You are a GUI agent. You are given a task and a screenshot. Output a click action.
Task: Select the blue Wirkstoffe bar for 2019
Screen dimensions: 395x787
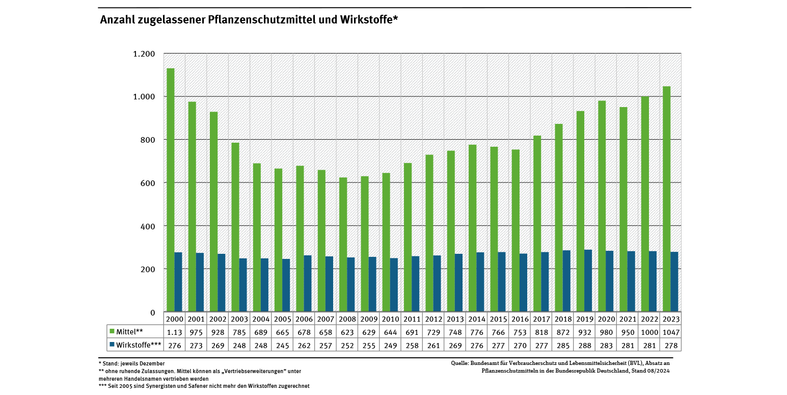pyautogui.click(x=588, y=280)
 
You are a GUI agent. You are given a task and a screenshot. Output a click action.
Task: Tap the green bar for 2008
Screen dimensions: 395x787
pyautogui.click(x=343, y=244)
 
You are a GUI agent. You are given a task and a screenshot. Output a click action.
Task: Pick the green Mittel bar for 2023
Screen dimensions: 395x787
pyautogui.click(x=666, y=199)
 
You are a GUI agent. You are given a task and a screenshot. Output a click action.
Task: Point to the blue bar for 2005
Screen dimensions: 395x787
pyautogui.click(x=286, y=285)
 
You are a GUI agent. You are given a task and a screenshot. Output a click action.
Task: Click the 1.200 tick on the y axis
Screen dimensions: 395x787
pyautogui.click(x=144, y=54)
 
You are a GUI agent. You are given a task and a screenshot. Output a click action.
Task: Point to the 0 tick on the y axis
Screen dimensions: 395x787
pyautogui.click(x=152, y=312)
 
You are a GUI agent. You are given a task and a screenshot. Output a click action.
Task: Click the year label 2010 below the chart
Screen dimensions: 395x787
pyautogui.click(x=390, y=319)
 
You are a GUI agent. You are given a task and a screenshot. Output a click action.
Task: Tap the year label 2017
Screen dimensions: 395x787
pyautogui.click(x=541, y=319)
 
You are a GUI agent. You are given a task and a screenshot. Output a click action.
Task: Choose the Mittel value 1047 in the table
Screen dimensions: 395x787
pyautogui.click(x=670, y=332)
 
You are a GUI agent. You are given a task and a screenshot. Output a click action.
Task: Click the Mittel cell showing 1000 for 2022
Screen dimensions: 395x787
pyautogui.click(x=649, y=332)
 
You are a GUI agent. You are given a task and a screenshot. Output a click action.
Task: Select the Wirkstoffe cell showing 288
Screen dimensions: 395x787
pyautogui.click(x=584, y=345)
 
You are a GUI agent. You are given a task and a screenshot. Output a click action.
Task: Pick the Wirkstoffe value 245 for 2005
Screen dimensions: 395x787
pyautogui.click(x=282, y=345)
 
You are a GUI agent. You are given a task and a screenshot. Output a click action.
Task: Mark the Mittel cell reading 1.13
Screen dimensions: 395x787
pyautogui.click(x=175, y=332)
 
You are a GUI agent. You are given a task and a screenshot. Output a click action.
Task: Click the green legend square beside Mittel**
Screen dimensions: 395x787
pyautogui.click(x=112, y=332)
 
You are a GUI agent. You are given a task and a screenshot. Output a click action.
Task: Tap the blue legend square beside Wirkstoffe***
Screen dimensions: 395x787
pyautogui.click(x=112, y=345)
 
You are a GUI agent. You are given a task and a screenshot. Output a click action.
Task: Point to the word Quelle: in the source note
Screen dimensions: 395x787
pyautogui.click(x=459, y=363)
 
